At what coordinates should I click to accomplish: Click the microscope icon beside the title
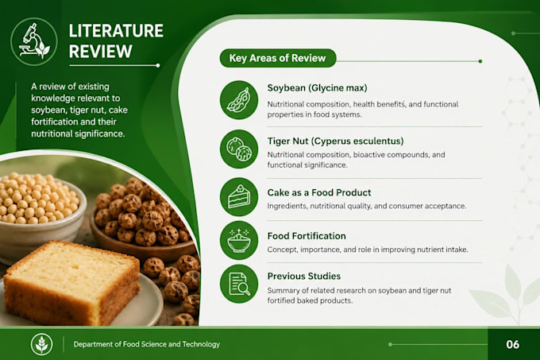click(33, 41)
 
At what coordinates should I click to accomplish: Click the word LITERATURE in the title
click(116, 31)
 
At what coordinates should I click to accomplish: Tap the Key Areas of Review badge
click(278, 58)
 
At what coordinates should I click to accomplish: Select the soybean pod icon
click(239, 100)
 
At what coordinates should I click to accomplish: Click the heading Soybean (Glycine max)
click(317, 88)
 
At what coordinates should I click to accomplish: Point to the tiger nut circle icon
click(239, 149)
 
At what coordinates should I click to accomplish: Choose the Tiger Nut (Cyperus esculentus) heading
click(335, 141)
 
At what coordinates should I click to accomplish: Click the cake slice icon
click(239, 197)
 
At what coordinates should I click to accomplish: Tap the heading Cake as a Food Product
click(319, 192)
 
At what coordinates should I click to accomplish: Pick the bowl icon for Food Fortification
click(239, 240)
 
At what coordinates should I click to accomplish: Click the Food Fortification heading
click(307, 236)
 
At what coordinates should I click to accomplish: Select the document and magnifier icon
click(239, 284)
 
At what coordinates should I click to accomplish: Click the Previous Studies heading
click(304, 277)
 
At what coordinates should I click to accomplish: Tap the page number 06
click(513, 344)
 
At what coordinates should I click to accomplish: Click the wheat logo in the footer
click(41, 344)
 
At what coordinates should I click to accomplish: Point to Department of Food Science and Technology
click(147, 344)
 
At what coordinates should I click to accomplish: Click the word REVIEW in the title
click(101, 52)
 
